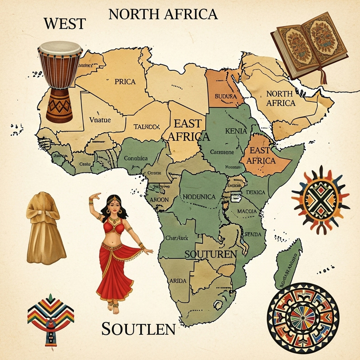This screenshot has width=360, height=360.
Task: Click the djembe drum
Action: click(x=59, y=81)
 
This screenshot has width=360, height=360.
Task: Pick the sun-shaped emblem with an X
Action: click(x=320, y=198)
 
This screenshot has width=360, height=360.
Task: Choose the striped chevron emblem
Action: click(x=50, y=317)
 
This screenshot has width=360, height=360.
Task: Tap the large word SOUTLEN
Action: click(x=138, y=329)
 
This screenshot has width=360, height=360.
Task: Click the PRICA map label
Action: click(x=125, y=82)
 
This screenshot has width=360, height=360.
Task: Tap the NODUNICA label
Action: click(x=201, y=196)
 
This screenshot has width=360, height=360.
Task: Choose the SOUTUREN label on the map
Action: click(x=211, y=254)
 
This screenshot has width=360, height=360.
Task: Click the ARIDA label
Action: click(x=177, y=280)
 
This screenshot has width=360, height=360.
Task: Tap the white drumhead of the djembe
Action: click(x=59, y=46)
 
